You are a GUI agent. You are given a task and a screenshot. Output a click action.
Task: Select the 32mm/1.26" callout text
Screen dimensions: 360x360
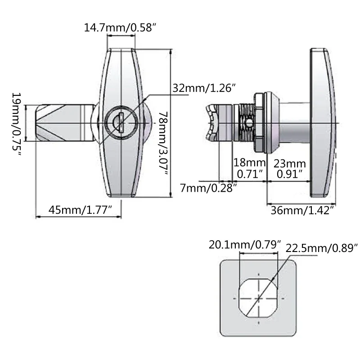204,88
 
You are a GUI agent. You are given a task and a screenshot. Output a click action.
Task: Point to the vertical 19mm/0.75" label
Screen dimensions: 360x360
17,125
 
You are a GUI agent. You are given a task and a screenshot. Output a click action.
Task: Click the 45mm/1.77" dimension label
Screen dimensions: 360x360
80,209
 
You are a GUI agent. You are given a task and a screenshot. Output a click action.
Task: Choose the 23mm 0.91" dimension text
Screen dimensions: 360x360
291,168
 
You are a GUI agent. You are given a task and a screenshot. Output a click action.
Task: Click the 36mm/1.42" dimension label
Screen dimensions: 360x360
302,210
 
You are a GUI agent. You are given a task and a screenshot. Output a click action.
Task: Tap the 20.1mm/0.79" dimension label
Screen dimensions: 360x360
245,245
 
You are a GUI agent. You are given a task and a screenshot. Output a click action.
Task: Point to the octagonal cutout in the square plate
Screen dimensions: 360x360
258,298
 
